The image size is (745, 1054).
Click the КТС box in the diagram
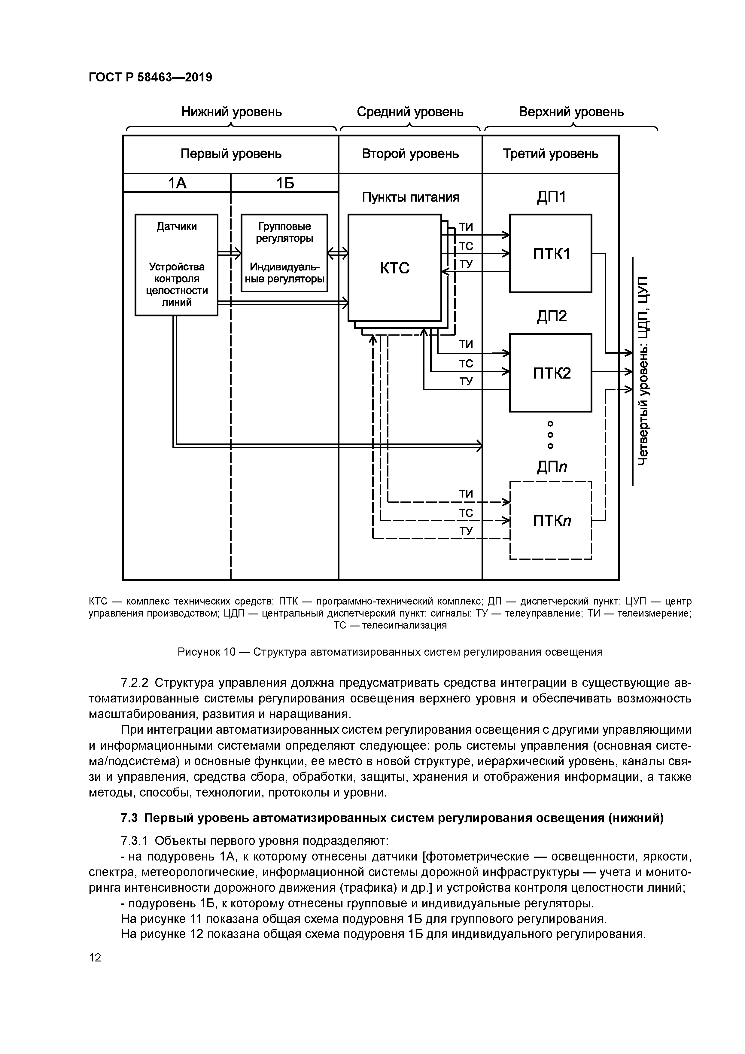click(x=394, y=268)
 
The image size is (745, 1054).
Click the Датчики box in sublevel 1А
click(x=176, y=265)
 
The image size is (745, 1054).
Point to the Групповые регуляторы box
click(x=284, y=252)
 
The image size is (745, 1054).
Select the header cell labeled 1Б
click(x=284, y=183)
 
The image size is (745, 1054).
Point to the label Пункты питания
click(x=410, y=197)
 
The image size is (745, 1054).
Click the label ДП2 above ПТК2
click(x=551, y=316)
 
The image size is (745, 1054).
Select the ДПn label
click(x=551, y=467)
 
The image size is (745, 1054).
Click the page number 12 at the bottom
click(x=95, y=957)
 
